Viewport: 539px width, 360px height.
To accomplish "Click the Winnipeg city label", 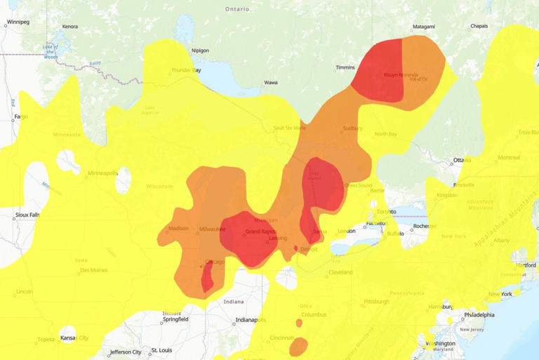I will click(18, 22).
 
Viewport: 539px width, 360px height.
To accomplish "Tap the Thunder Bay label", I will click(187, 70).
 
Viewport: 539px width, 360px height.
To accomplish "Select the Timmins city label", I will click(345, 68).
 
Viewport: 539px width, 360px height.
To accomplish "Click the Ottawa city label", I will click(463, 160).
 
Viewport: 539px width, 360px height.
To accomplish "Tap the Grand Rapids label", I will click(260, 232).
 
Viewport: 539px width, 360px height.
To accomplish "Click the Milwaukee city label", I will click(212, 229).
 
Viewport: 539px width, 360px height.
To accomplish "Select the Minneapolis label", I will click(102, 173).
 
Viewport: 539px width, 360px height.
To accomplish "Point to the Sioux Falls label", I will click(27, 215).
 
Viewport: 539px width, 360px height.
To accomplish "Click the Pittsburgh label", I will click(376, 301).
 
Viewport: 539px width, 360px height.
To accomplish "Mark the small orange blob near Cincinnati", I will click(298, 346).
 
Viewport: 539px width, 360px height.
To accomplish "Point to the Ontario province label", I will click(237, 8).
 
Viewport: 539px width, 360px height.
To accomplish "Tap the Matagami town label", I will click(424, 27).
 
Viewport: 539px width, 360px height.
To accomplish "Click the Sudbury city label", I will click(352, 128).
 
